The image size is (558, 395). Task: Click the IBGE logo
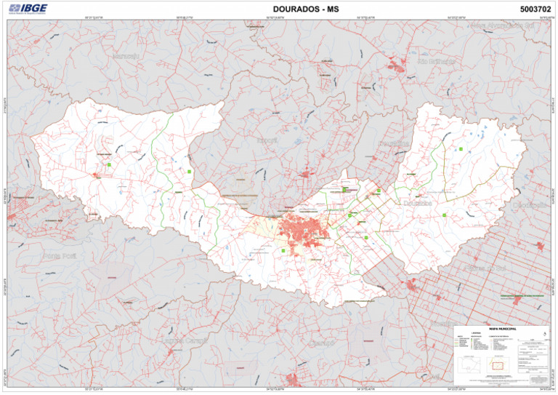click(27, 9)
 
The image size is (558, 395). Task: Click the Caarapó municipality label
click(320, 341)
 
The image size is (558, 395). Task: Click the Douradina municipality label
click(392, 143)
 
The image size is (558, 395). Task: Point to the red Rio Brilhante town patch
click(396, 65)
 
